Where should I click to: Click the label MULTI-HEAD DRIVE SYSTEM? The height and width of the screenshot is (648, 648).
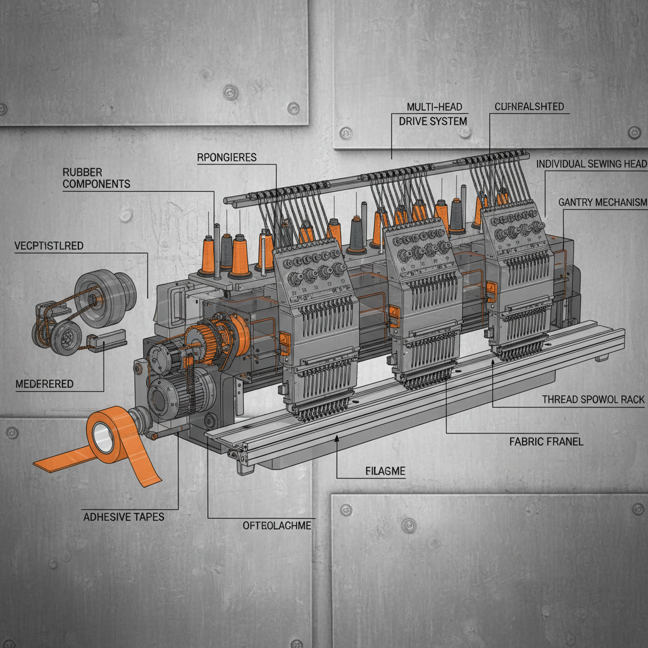click(433, 114)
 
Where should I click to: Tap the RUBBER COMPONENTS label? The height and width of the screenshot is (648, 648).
click(96, 178)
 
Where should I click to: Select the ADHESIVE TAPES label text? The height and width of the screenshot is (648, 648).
click(123, 517)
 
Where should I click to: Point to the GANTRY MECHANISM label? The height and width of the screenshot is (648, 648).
click(602, 202)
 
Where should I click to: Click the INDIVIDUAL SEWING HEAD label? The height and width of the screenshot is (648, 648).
click(592, 164)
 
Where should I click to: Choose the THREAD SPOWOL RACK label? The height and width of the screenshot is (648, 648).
click(594, 399)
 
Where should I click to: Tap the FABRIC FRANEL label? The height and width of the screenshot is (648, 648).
click(546, 442)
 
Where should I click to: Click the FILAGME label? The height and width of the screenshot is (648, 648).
click(385, 471)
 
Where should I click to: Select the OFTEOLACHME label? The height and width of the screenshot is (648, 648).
click(277, 525)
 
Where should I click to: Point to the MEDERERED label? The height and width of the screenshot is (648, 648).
click(45, 384)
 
